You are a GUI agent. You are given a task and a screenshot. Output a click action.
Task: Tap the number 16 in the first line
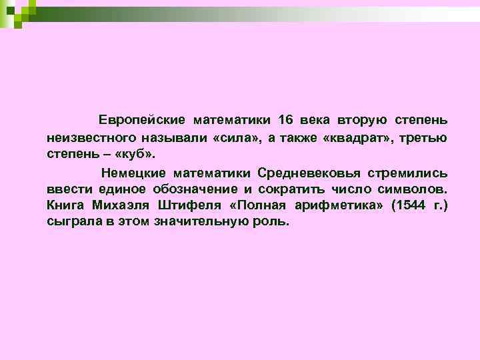285,121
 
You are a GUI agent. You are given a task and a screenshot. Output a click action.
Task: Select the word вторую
363,121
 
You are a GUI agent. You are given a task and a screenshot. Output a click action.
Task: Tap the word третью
424,137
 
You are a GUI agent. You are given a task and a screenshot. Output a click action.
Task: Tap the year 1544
409,205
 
